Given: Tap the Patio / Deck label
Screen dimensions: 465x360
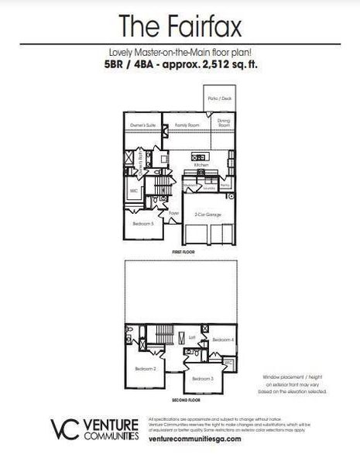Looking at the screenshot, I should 220,99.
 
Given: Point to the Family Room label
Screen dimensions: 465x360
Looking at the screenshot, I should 187,125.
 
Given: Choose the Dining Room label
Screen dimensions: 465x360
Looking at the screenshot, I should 224,122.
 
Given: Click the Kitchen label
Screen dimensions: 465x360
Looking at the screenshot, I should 201,165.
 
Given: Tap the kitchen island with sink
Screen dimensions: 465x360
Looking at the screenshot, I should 198,157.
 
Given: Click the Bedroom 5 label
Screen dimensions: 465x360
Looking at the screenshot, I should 143,223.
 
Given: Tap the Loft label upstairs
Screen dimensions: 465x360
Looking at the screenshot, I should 191,337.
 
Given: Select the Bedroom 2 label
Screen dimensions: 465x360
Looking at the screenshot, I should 146,369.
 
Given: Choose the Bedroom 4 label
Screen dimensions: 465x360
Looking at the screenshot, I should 223,339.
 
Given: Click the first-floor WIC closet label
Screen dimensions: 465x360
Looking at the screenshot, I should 134,189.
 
